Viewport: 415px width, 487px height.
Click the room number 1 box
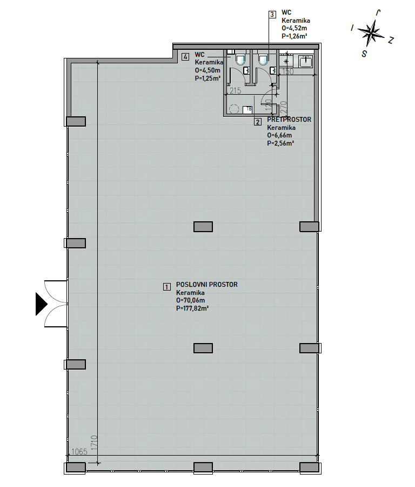167,287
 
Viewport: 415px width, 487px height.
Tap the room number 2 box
258,122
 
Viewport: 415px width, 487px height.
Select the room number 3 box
272,15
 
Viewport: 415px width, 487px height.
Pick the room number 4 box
185,57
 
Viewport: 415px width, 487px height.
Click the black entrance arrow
41,304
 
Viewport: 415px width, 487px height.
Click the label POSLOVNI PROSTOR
207,285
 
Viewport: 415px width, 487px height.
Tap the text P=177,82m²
192,308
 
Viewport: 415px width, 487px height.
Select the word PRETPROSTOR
289,120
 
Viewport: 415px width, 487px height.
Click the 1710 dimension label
94,444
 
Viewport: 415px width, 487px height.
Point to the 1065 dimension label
79,452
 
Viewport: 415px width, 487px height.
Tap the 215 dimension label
235,91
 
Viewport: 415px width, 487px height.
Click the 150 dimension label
287,71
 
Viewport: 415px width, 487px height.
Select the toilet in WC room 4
240,60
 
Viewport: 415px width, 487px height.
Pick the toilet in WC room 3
263,60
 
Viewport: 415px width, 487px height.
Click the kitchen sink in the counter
306,61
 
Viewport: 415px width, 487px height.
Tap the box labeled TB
249,109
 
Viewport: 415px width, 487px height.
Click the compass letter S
364,54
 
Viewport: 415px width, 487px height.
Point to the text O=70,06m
190,300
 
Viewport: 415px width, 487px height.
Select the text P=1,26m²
294,36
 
